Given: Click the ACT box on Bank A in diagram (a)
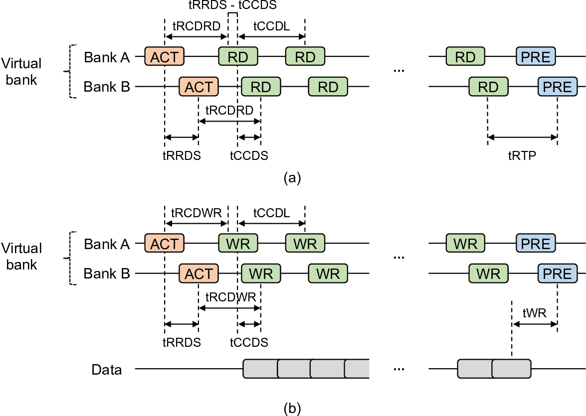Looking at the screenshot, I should point(164,57).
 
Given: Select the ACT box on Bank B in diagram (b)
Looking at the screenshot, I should point(198,274).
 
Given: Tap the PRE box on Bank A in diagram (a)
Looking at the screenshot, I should point(535,57).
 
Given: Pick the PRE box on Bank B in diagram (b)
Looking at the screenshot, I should point(557,274).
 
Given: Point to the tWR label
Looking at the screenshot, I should point(534,313).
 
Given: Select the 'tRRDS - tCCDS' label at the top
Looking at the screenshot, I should point(233,5).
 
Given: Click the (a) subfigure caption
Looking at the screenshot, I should point(292,178).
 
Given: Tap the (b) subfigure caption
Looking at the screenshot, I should point(292,409).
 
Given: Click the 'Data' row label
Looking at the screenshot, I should point(106,370).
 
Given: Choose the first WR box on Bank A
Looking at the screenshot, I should point(238,244).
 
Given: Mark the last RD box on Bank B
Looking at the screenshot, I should point(488,87).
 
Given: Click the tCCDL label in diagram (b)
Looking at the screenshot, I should point(271,213).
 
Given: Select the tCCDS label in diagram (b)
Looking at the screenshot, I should point(249,342).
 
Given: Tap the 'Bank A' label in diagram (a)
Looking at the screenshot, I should point(107,57).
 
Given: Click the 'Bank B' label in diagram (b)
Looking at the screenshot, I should point(107,274).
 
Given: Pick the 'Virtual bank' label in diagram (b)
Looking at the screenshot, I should point(21,256).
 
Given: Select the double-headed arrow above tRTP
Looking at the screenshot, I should point(522,137).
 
